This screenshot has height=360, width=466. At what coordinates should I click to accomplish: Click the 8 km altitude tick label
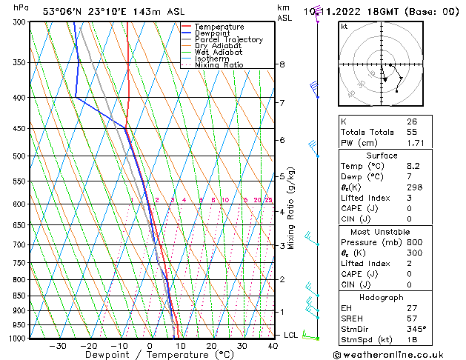tap(282, 64)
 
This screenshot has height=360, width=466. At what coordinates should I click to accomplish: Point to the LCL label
tap(291, 335)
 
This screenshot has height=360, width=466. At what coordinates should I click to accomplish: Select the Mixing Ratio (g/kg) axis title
tap(292, 207)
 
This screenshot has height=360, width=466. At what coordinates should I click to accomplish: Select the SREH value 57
tap(412, 318)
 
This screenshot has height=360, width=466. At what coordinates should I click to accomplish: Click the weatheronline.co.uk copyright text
tap(396, 354)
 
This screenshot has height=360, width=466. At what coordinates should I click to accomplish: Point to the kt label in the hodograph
tap(344, 26)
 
